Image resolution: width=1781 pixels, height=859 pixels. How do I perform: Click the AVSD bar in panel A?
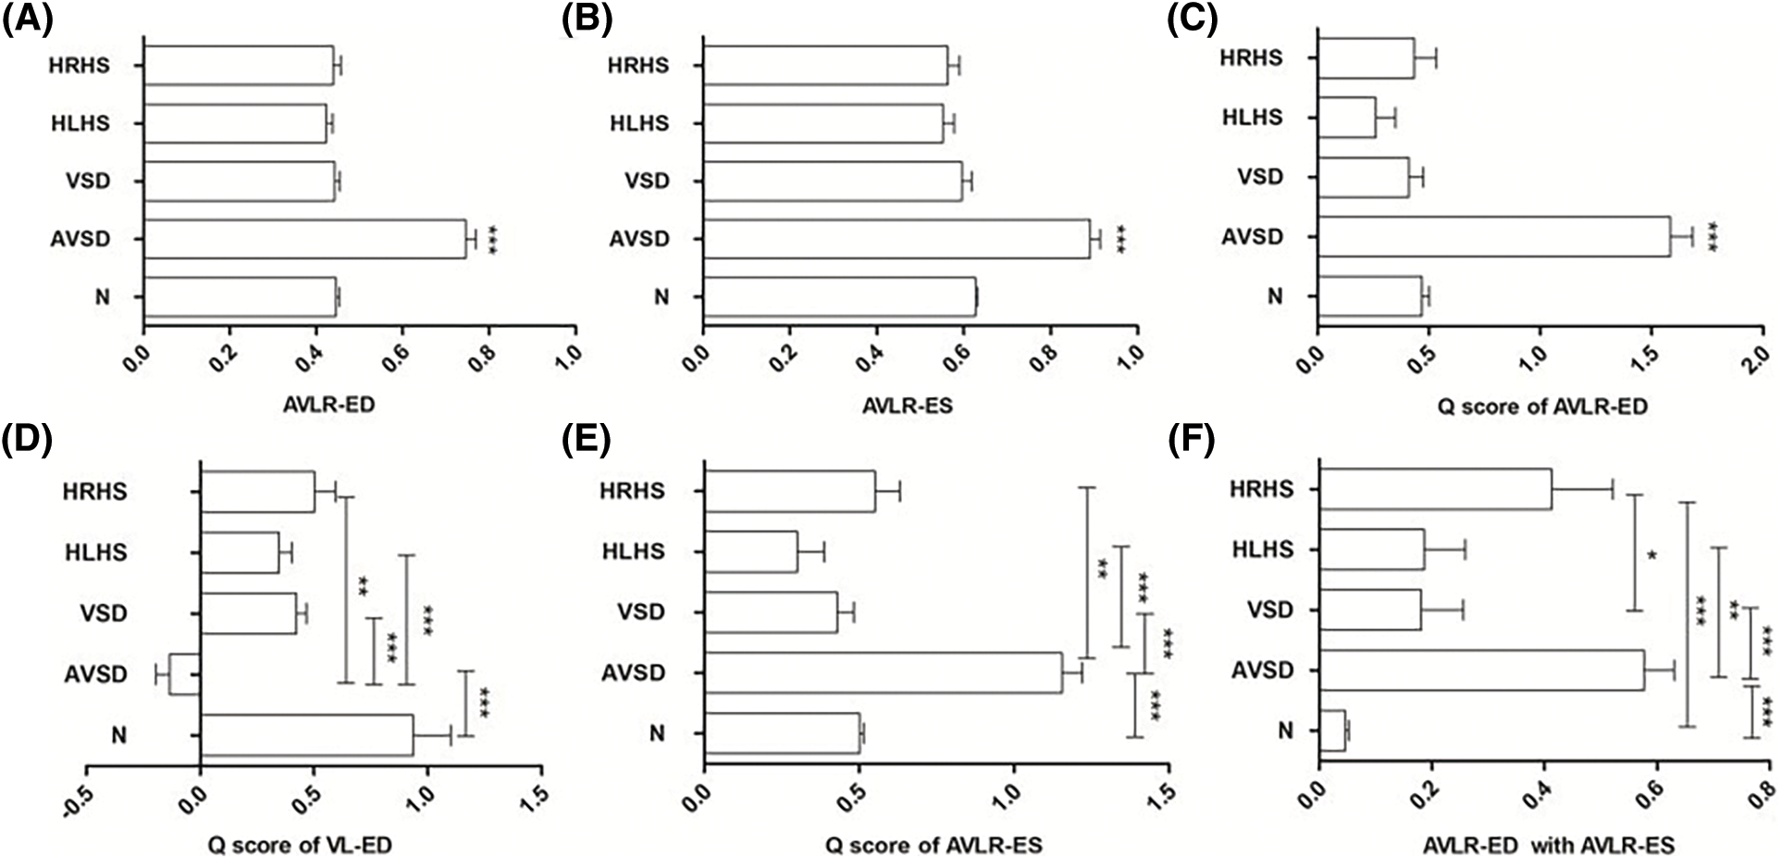point(304,239)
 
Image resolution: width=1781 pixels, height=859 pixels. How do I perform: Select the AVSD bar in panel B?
point(896,239)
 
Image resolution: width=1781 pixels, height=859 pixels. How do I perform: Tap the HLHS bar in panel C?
point(1346,118)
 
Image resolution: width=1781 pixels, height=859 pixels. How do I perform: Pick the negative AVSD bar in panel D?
point(185,674)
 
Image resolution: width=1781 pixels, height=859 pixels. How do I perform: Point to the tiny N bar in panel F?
point(1332,730)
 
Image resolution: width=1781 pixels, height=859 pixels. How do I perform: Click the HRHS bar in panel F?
point(1434,488)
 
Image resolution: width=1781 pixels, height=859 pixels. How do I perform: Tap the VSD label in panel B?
point(647,181)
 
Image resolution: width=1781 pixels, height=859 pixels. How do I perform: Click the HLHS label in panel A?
point(80,123)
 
